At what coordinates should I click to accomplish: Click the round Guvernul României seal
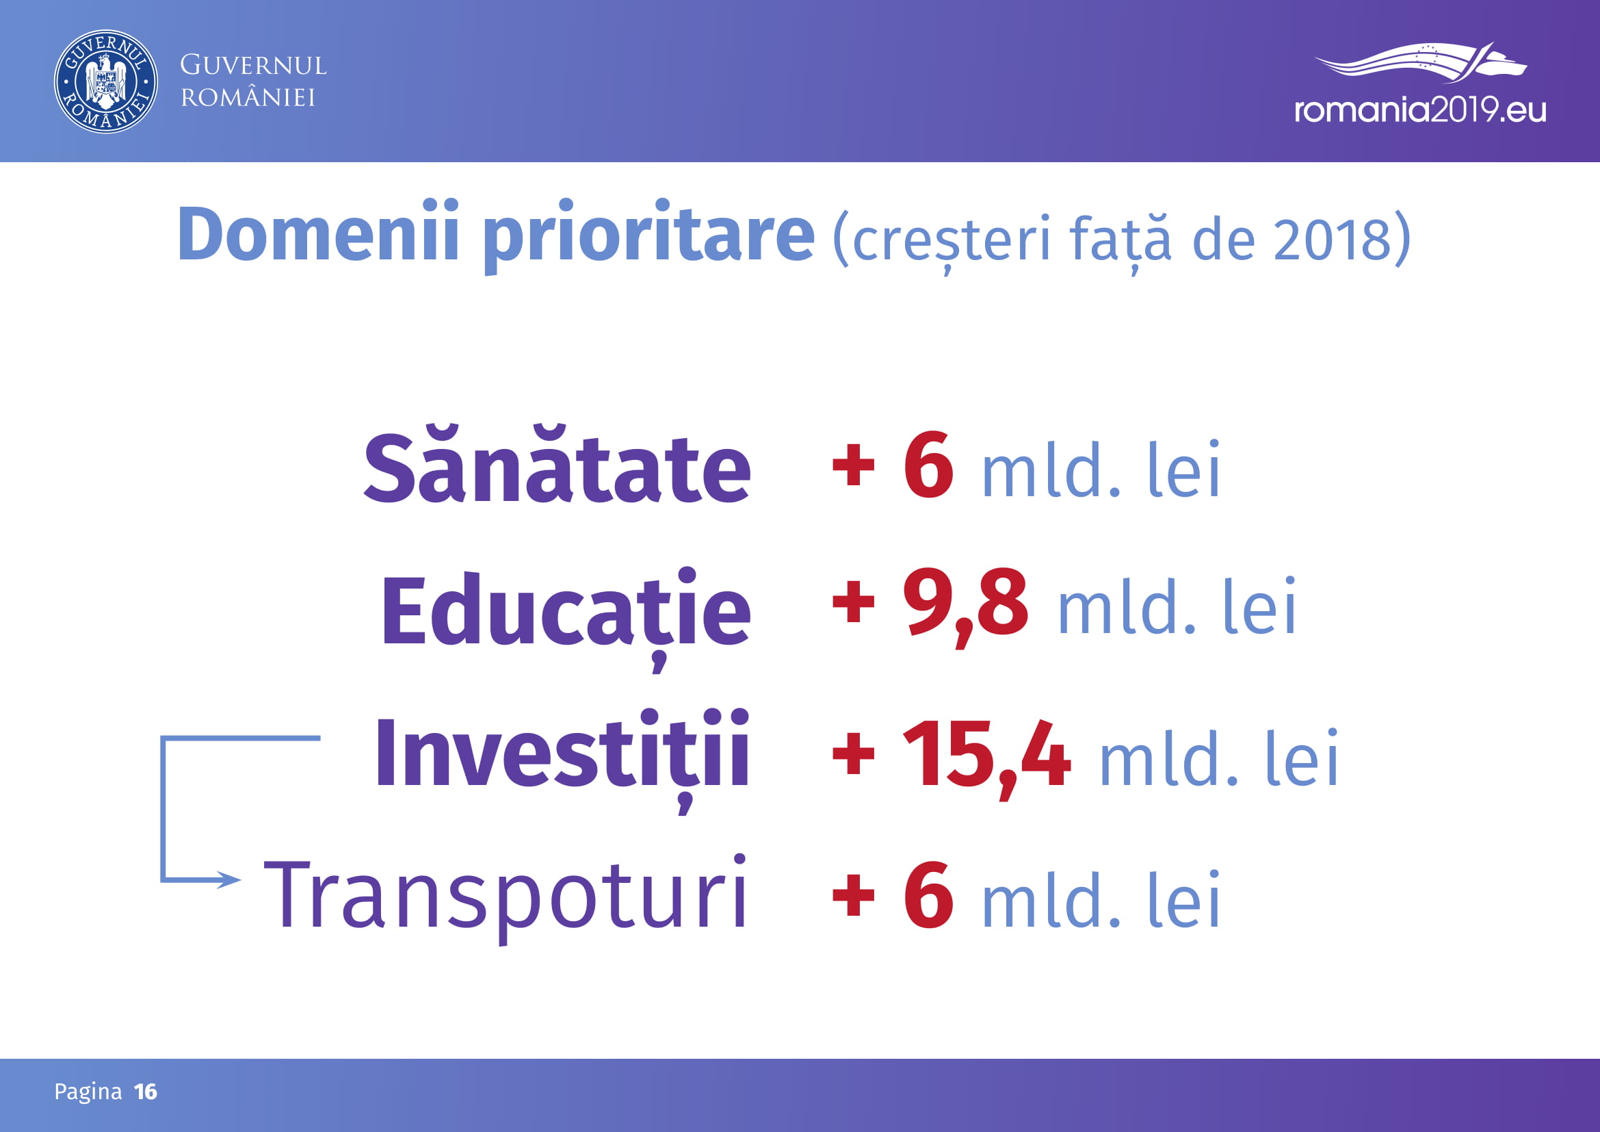pyautogui.click(x=106, y=81)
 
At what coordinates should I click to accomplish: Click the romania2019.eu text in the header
pyautogui.click(x=1420, y=110)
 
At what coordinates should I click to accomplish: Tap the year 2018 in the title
pyautogui.click(x=1332, y=239)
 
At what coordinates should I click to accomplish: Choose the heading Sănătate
pyautogui.click(x=558, y=463)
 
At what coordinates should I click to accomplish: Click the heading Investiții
pyautogui.click(x=562, y=760)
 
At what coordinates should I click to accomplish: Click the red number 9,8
pyautogui.click(x=965, y=606)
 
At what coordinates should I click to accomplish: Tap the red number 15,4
pyautogui.click(x=986, y=758)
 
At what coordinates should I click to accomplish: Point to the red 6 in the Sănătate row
pyautogui.click(x=928, y=465)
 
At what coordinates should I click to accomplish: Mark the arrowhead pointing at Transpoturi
pyautogui.click(x=229, y=879)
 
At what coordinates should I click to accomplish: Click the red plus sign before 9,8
pyautogui.click(x=854, y=604)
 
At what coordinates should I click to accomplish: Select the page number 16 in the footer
pyautogui.click(x=146, y=1092)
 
